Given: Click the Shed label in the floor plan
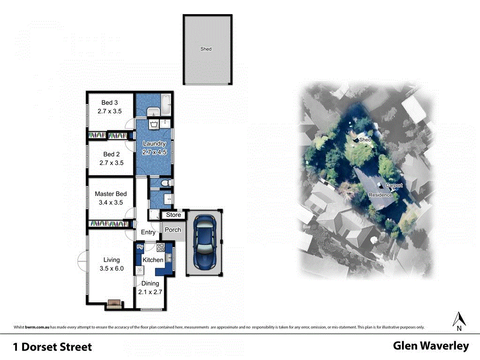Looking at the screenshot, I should tap(206, 49).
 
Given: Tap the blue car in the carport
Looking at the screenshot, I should tap(204, 242).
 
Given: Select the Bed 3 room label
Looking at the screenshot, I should tap(109, 103).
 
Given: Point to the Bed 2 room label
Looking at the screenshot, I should tap(111, 154).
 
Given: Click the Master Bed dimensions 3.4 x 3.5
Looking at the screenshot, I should tap(111, 203).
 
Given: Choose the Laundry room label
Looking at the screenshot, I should tap(154, 143).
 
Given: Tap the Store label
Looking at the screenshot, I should tap(173, 215).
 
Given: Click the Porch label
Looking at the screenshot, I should tap(173, 230).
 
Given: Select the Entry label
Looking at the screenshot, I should tap(148, 232).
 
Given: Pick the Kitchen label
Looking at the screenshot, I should tap(153, 260).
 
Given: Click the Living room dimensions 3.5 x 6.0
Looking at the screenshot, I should tap(112, 269).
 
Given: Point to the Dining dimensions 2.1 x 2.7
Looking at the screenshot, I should tap(150, 292).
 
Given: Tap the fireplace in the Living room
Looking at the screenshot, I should tap(113, 304).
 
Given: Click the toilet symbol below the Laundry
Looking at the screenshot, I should tap(165, 183).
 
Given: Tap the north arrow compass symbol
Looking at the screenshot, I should tap(459, 319).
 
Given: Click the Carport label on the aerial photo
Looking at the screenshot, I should tap(394, 186).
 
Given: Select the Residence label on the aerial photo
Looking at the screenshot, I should tap(380, 195).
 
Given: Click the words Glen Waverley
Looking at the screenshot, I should tap(431, 346).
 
